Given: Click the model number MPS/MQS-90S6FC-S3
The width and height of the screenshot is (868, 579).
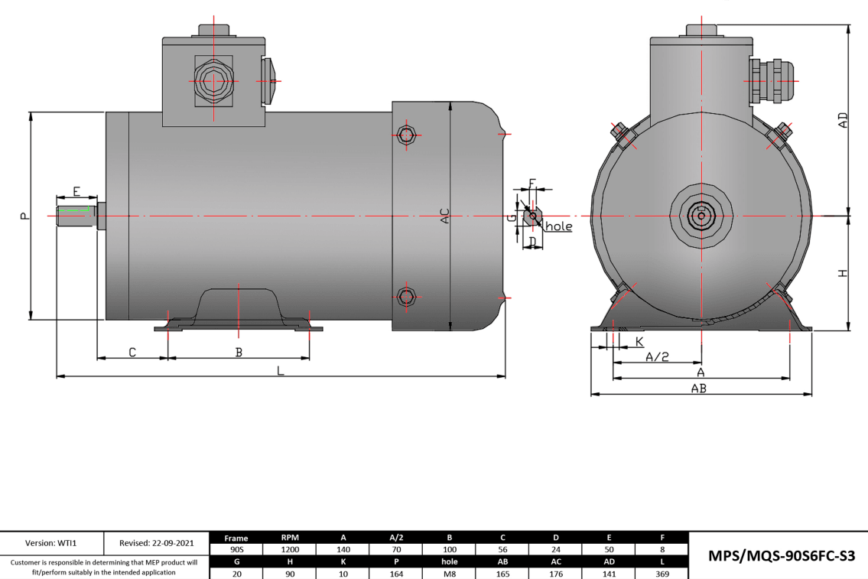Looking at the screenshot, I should click(781, 556).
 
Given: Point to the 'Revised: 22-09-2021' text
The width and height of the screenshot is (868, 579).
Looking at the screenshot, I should click(156, 543).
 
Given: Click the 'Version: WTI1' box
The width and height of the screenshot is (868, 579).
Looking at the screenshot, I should click(51, 543).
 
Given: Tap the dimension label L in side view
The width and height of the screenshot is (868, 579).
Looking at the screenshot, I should click(281, 370).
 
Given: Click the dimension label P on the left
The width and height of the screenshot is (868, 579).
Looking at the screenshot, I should click(24, 216).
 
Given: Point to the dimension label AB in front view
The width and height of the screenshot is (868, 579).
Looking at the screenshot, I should click(698, 389).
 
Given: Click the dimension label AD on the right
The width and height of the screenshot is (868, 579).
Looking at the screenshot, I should click(842, 121).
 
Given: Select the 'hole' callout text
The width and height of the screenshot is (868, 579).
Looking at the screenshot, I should click(558, 226).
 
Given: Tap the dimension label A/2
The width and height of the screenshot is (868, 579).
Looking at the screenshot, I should click(658, 356).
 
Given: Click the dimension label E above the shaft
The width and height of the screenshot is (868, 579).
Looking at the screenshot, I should click(76, 190).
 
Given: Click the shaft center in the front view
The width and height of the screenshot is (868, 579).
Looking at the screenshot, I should click(701, 216).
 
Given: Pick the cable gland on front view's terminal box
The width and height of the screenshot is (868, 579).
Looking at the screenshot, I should click(771, 80).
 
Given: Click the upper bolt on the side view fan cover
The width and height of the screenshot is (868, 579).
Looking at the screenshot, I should click(406, 136).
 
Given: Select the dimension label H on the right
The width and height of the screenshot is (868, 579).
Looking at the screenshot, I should click(842, 273).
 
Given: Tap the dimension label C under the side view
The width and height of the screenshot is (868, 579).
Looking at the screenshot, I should click(132, 352).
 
